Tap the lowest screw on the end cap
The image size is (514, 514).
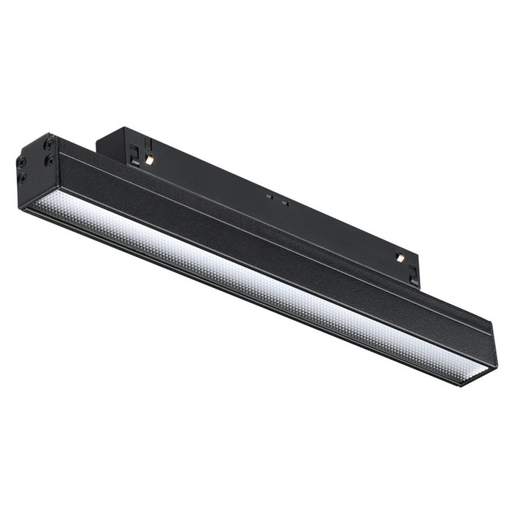pyautogui.click(x=23, y=177)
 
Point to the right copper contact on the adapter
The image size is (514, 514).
pyautogui.click(x=399, y=257)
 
